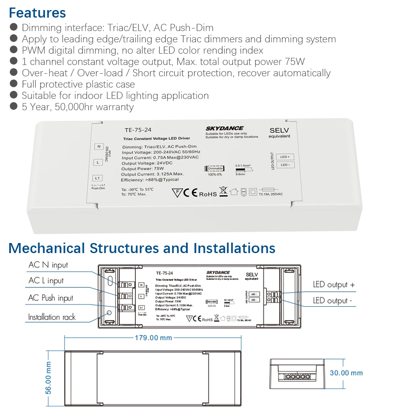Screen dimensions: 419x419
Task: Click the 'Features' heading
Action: click(37, 13)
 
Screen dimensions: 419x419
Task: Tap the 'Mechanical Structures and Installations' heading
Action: click(142, 248)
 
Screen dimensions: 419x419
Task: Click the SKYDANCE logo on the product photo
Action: click(224, 128)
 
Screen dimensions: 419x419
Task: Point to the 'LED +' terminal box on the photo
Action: click(285, 157)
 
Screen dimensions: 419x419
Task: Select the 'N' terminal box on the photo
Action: click(99, 147)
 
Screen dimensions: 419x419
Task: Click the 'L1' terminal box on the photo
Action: click(97, 178)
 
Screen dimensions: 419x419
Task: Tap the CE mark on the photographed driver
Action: click(191, 193)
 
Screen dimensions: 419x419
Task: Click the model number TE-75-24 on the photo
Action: click(138, 130)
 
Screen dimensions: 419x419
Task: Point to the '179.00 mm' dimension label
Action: click(153, 338)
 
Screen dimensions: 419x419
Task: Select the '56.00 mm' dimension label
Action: click(49, 378)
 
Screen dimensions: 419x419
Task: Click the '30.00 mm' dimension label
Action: click(346, 373)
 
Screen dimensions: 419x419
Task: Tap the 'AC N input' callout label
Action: click(48, 265)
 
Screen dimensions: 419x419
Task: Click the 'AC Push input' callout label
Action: click(50, 298)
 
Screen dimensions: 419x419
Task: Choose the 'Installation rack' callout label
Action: click(52, 317)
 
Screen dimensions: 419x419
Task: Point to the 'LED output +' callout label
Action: click(334, 285)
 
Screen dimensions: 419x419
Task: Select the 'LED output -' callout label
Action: click(333, 301)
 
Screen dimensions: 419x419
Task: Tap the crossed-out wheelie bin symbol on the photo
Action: click(223, 191)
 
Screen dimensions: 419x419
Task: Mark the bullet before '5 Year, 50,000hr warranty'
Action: click(14, 106)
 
